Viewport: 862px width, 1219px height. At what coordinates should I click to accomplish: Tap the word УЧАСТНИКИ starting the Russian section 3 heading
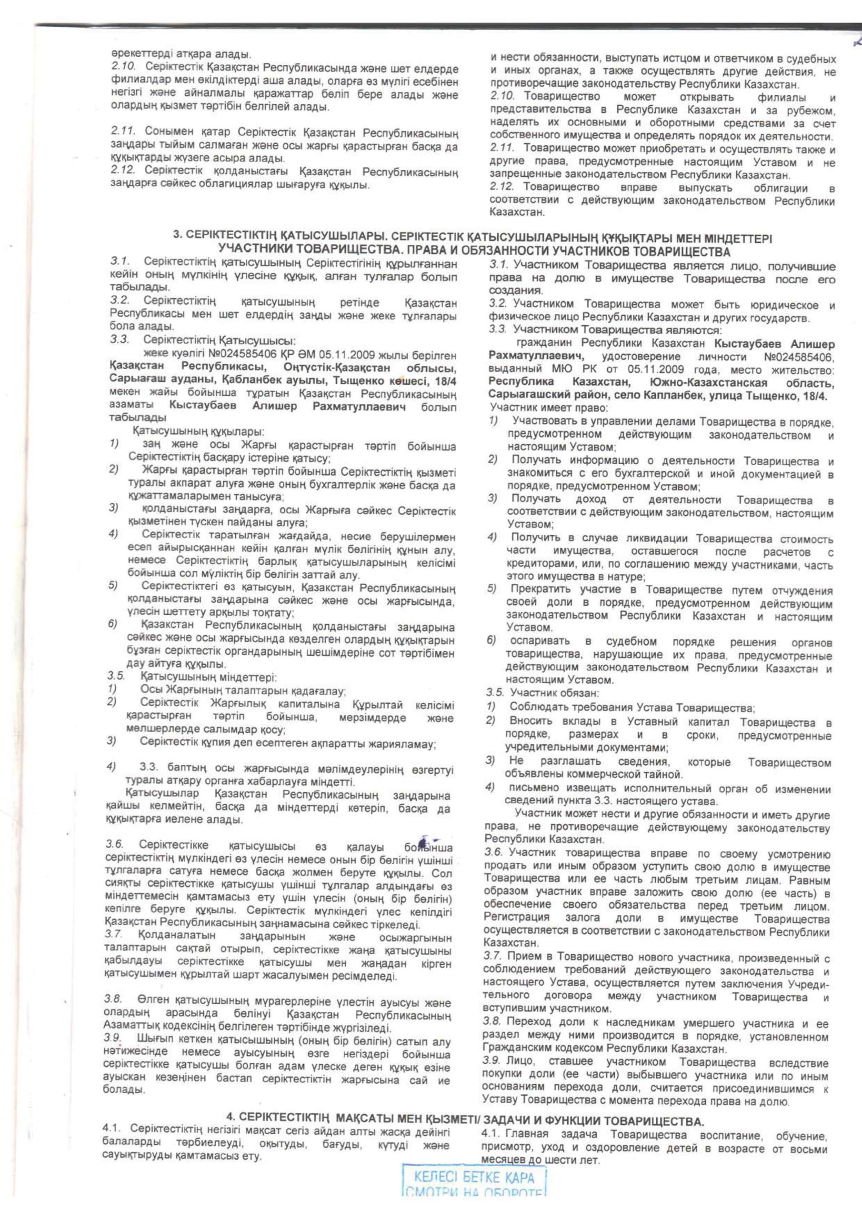(x=255, y=250)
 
